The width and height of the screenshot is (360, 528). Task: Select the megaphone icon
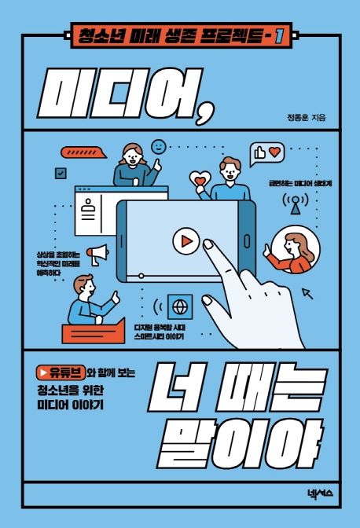[97, 254]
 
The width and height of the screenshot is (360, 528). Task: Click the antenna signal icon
[295, 202]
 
